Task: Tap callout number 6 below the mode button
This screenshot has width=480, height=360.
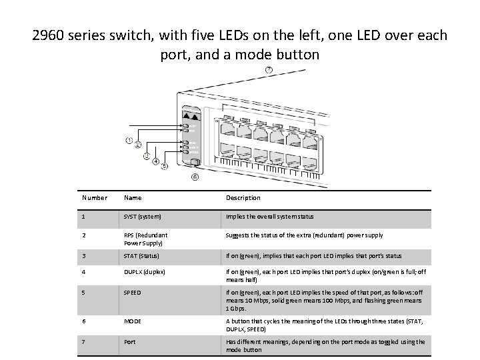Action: [x=195, y=177]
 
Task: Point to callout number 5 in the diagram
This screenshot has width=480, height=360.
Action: [x=164, y=167]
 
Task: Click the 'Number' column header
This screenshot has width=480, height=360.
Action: [x=95, y=198]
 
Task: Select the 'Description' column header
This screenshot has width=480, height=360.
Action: [x=243, y=198]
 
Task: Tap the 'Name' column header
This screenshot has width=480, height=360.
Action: [x=133, y=198]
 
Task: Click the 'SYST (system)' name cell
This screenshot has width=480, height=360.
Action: [x=143, y=217]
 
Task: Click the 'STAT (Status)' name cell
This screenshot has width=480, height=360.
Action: [x=142, y=256]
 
